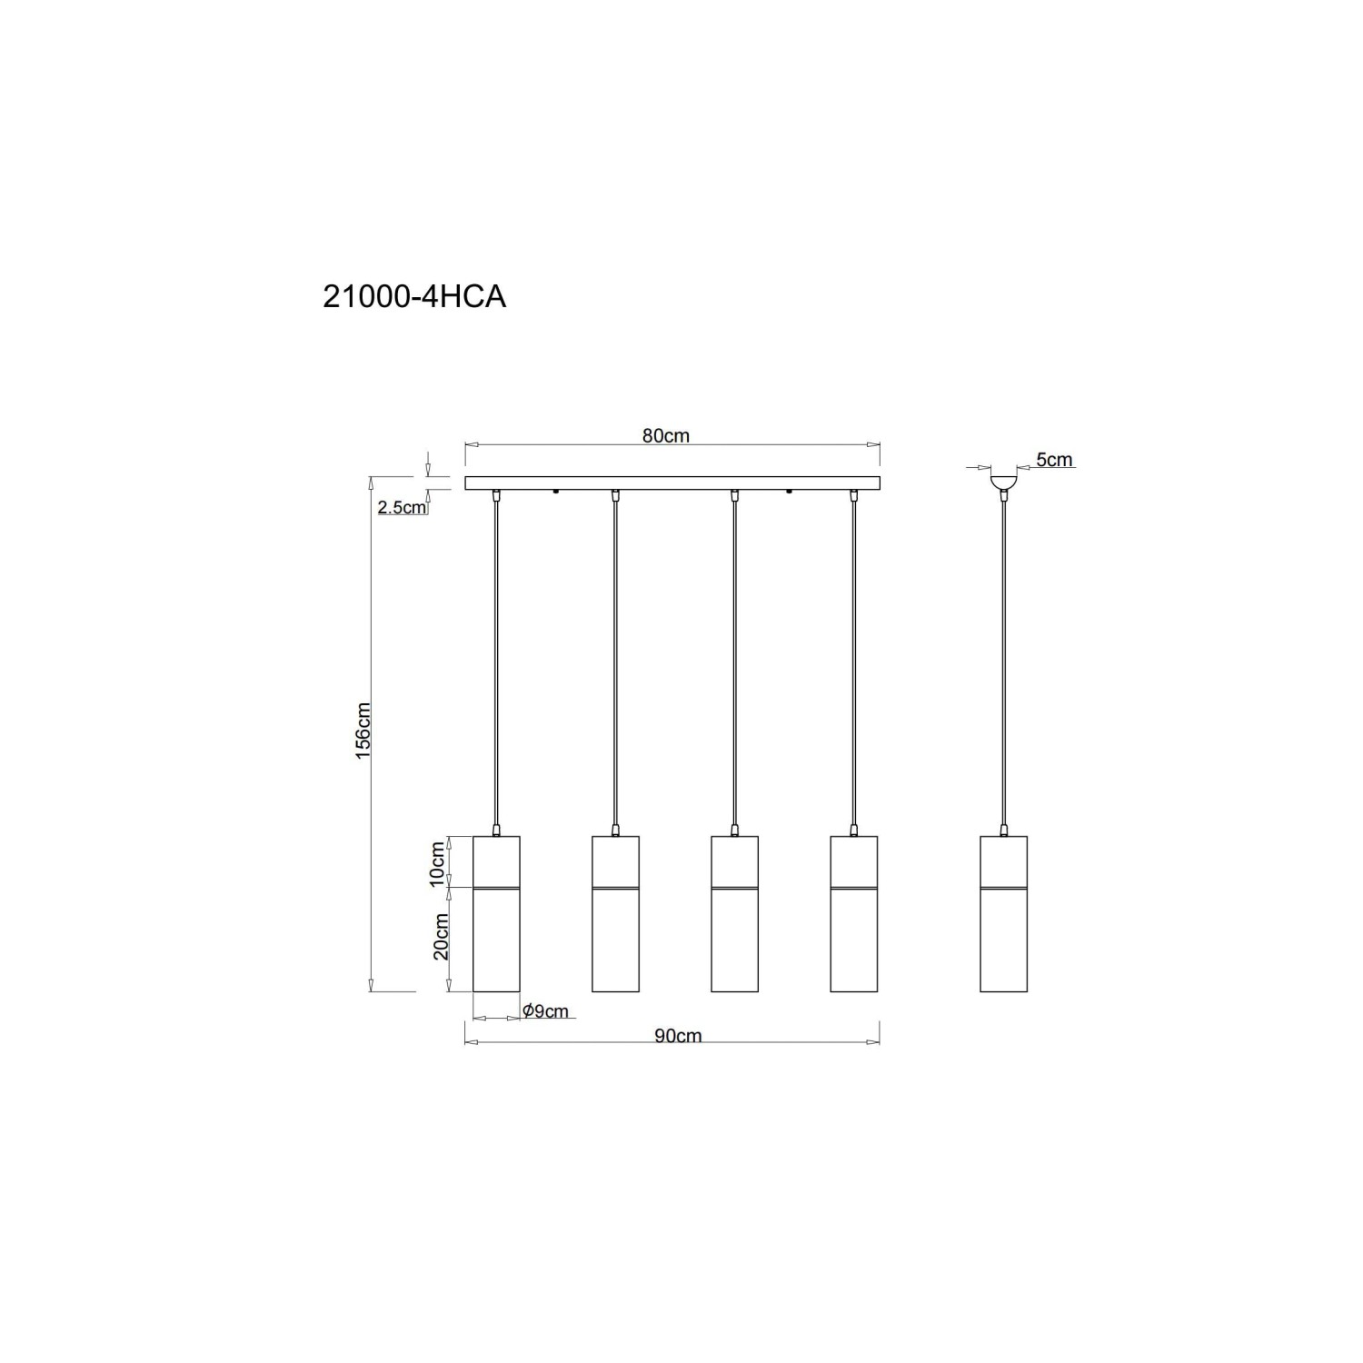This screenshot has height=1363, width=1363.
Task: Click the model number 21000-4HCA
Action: tap(414, 297)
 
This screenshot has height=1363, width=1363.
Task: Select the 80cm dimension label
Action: tap(666, 435)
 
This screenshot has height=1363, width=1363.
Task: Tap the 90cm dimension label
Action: tap(678, 1036)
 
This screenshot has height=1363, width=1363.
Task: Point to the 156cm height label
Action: tap(363, 731)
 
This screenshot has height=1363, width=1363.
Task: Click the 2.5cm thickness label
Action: tap(402, 508)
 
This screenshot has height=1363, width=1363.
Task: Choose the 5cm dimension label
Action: tap(1055, 460)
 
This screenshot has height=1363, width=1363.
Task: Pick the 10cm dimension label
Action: tap(438, 863)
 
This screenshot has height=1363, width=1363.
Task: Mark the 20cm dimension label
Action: tap(441, 937)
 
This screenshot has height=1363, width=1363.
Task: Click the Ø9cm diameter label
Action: tap(545, 1010)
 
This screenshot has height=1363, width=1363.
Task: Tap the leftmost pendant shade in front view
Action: tap(497, 913)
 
